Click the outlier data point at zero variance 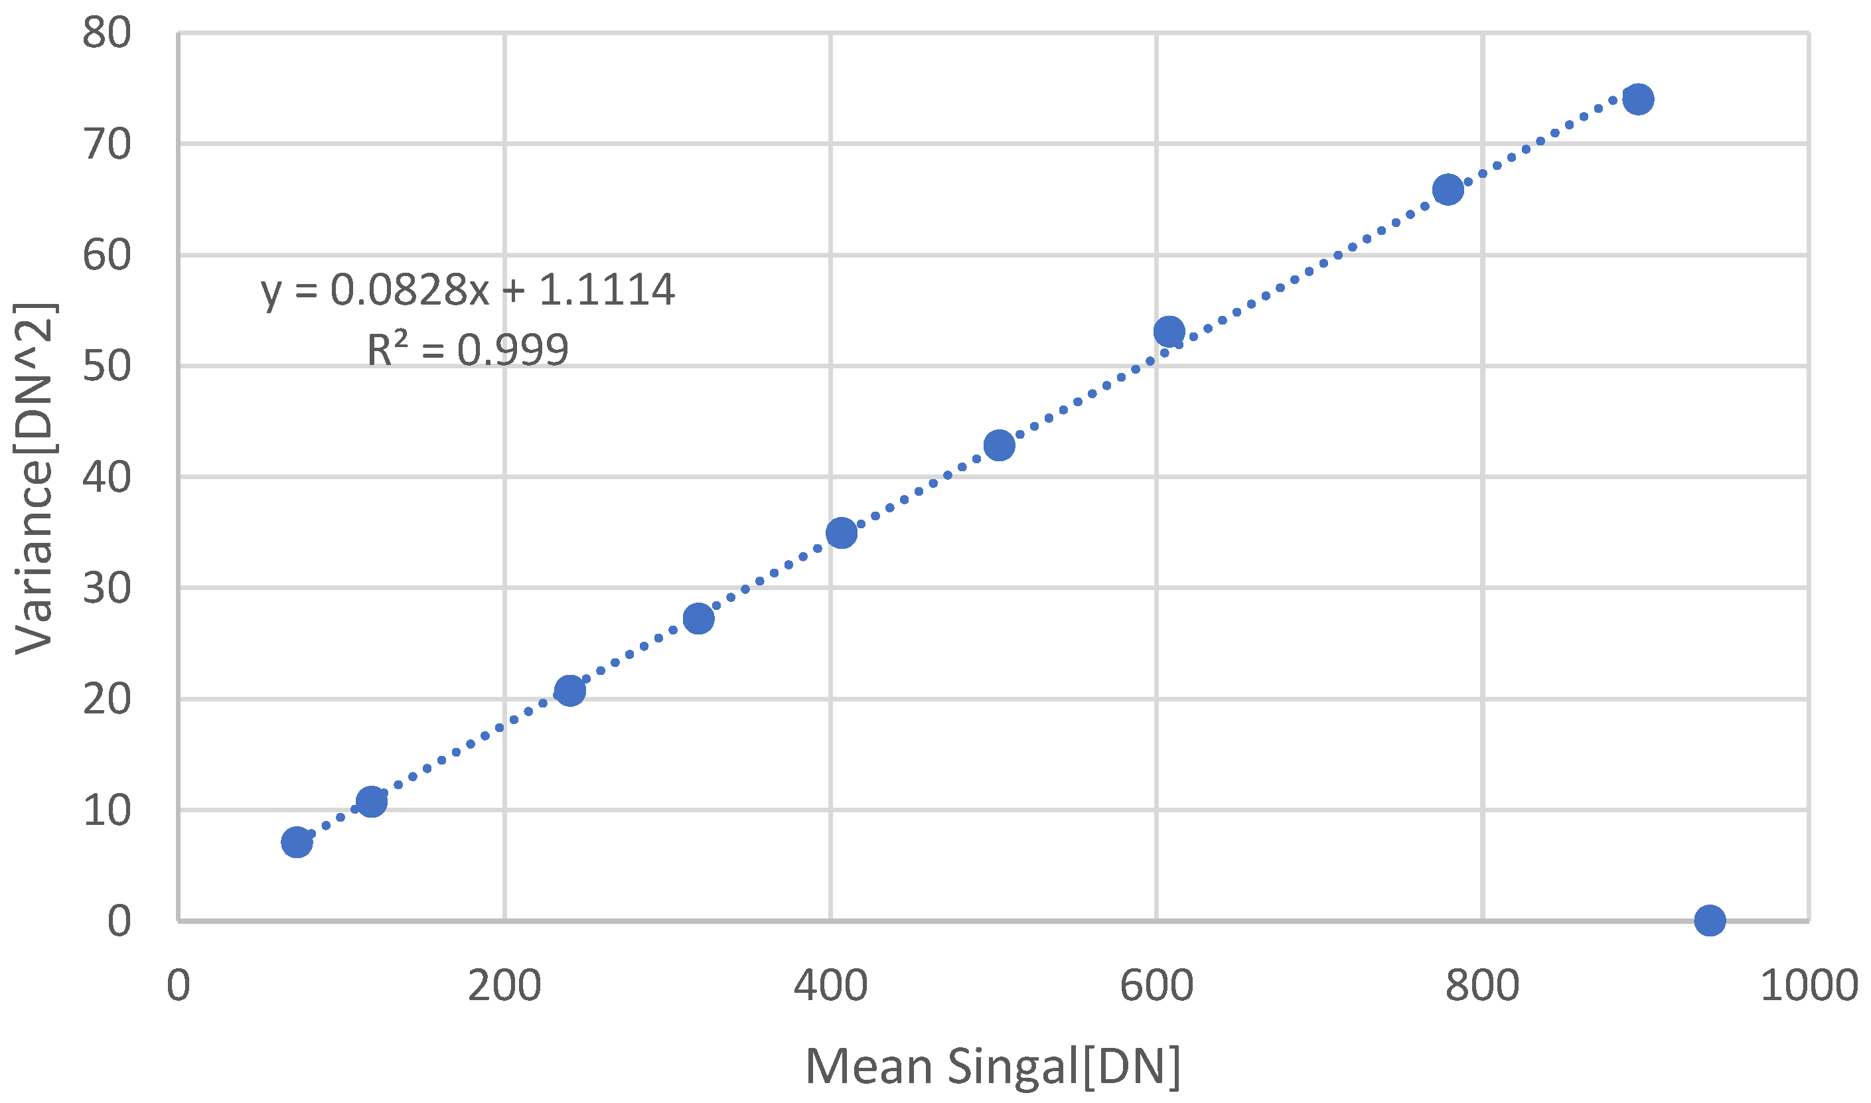[1709, 920]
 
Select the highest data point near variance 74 [1637, 99]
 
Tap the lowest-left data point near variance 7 [297, 842]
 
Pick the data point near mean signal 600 [1169, 331]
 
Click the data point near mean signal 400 [842, 533]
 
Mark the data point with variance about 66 [1448, 190]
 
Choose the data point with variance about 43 [999, 445]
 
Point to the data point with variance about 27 [699, 619]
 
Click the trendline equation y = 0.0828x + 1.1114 [467, 289]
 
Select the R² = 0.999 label [467, 349]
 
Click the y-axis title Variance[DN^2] [35, 479]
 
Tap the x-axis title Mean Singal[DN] [992, 1066]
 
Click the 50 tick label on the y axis [106, 366]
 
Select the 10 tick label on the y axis [106, 811]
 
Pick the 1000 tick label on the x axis [1808, 986]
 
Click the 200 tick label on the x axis [504, 986]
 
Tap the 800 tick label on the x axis [1482, 986]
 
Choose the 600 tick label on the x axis [1156, 986]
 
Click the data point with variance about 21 [569, 690]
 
